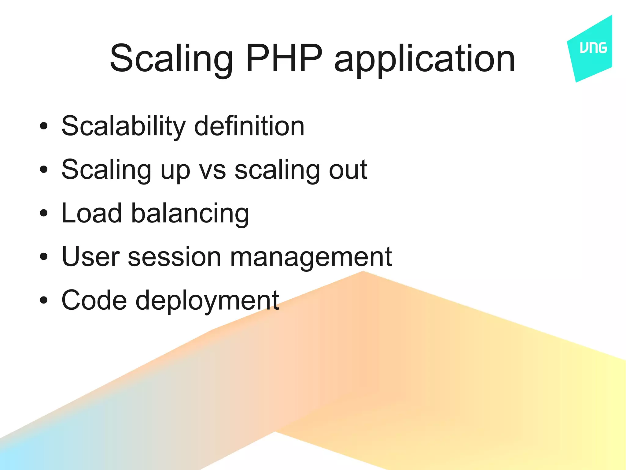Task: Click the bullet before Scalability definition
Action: (x=44, y=126)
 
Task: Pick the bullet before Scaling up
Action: (x=44, y=170)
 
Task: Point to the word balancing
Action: (x=190, y=214)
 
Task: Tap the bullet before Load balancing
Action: (x=44, y=213)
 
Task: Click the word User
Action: (x=90, y=257)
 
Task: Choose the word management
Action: (x=311, y=258)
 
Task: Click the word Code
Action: (x=94, y=300)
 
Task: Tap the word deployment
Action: (x=207, y=301)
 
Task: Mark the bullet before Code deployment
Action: (x=44, y=300)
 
